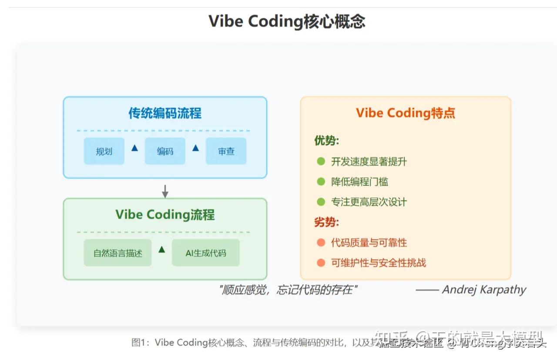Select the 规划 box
(x=104, y=151)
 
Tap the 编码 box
(x=165, y=151)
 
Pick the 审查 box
(x=226, y=151)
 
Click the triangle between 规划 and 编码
(x=134, y=148)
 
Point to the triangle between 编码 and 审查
(x=195, y=148)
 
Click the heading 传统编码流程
(x=165, y=113)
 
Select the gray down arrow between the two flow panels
(x=165, y=191)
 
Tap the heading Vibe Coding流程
(x=165, y=215)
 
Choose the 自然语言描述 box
(x=118, y=253)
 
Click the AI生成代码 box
(x=206, y=253)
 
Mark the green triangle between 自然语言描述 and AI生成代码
(x=162, y=250)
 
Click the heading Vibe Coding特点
(x=406, y=113)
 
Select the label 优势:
(x=327, y=141)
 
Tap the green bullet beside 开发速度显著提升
(x=321, y=162)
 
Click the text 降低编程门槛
(x=359, y=182)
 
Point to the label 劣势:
(x=327, y=223)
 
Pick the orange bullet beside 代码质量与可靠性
(x=321, y=243)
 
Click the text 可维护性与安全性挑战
(x=378, y=263)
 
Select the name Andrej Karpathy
(x=484, y=290)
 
